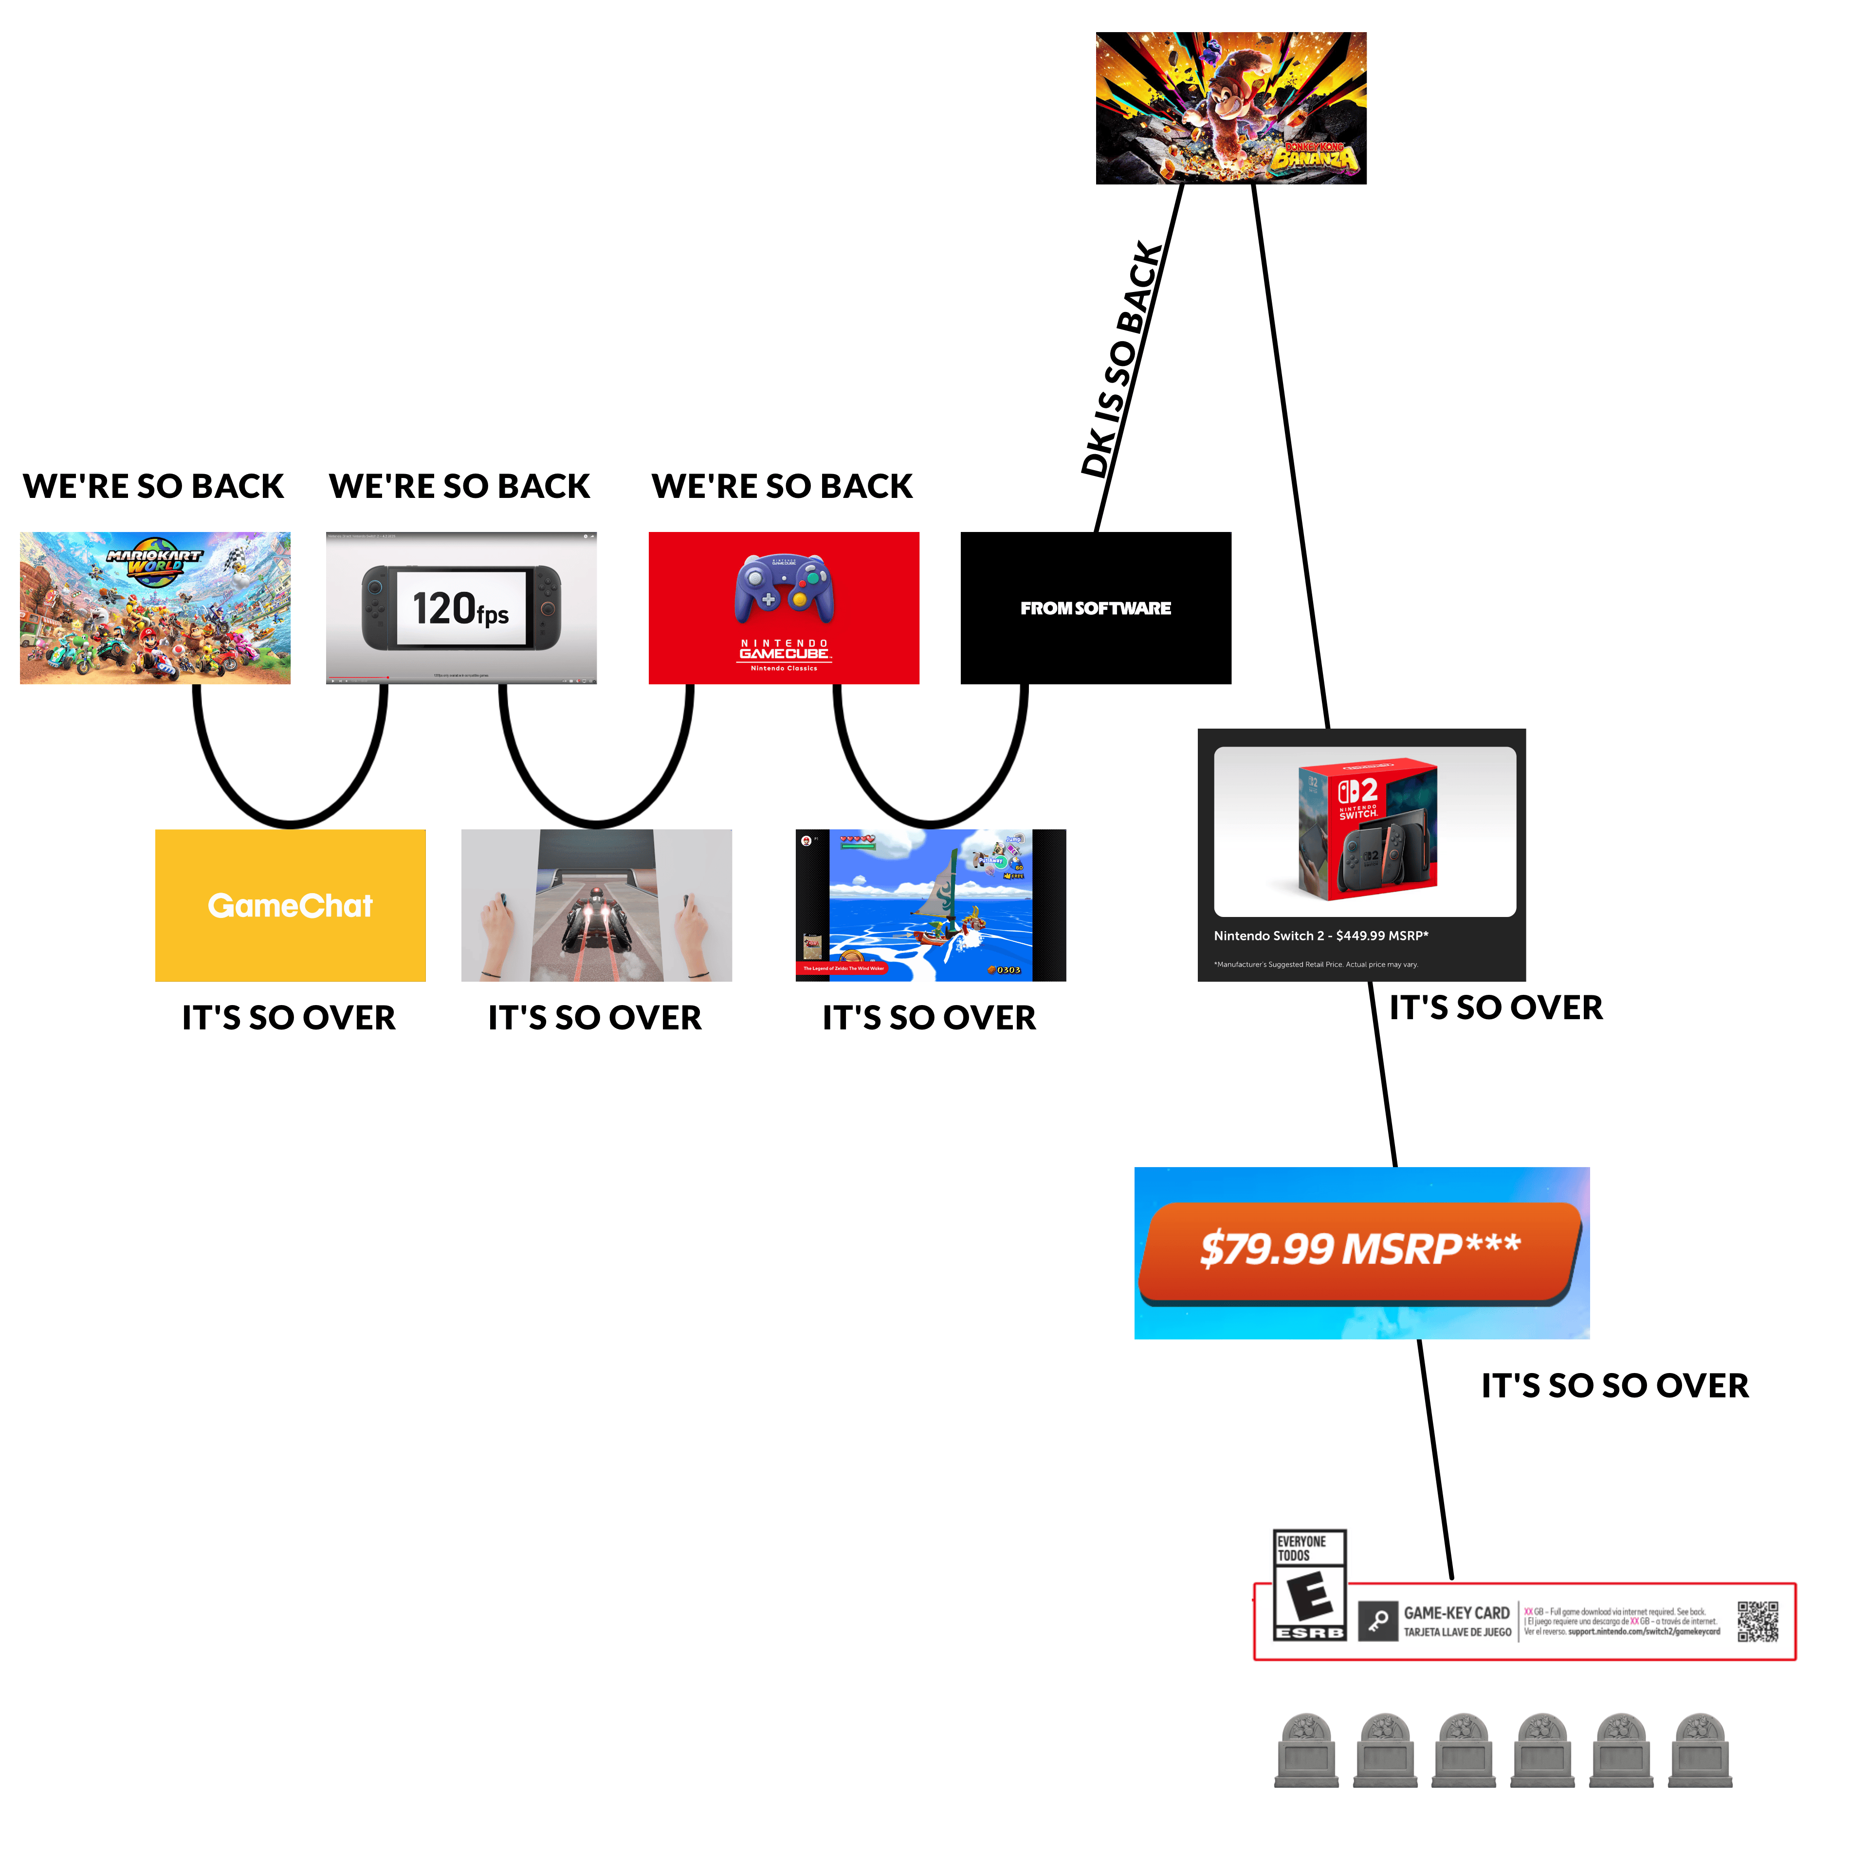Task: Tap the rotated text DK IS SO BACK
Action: pos(1122,360)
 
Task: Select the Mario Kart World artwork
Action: pos(155,607)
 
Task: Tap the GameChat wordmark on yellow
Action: pos(290,905)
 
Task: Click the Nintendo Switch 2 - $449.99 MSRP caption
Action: pos(1320,935)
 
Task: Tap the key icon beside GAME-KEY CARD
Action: pos(1377,1621)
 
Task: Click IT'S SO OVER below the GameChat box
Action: pos(288,1018)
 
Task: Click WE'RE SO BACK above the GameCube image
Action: pos(782,486)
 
